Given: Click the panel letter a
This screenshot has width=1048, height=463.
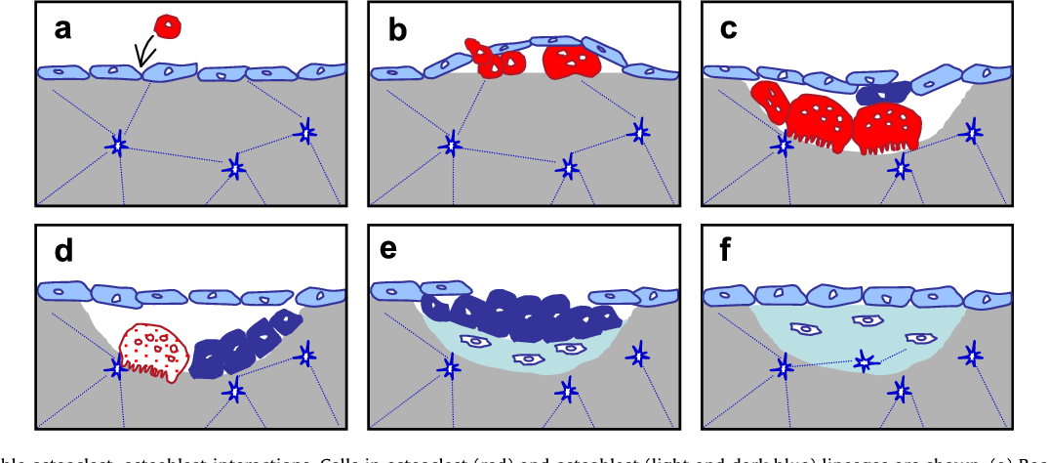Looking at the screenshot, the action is click(62, 29).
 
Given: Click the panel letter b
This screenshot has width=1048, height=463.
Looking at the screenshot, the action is click(397, 30).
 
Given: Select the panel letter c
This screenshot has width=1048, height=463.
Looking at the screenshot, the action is click(729, 29).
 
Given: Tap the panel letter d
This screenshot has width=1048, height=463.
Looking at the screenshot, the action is click(63, 251).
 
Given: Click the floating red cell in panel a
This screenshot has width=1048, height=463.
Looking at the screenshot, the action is click(168, 26).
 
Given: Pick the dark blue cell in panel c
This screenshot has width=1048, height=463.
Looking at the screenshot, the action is click(881, 92).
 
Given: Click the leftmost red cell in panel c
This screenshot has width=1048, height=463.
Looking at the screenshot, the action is click(769, 104).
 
